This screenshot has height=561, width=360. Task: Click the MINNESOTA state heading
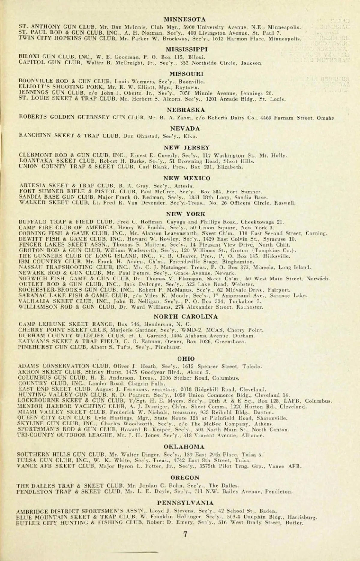point(186,19)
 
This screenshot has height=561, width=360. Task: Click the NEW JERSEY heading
point(187,148)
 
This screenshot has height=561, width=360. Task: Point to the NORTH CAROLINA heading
point(186,316)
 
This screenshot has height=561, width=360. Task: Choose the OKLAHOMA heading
point(184,446)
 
